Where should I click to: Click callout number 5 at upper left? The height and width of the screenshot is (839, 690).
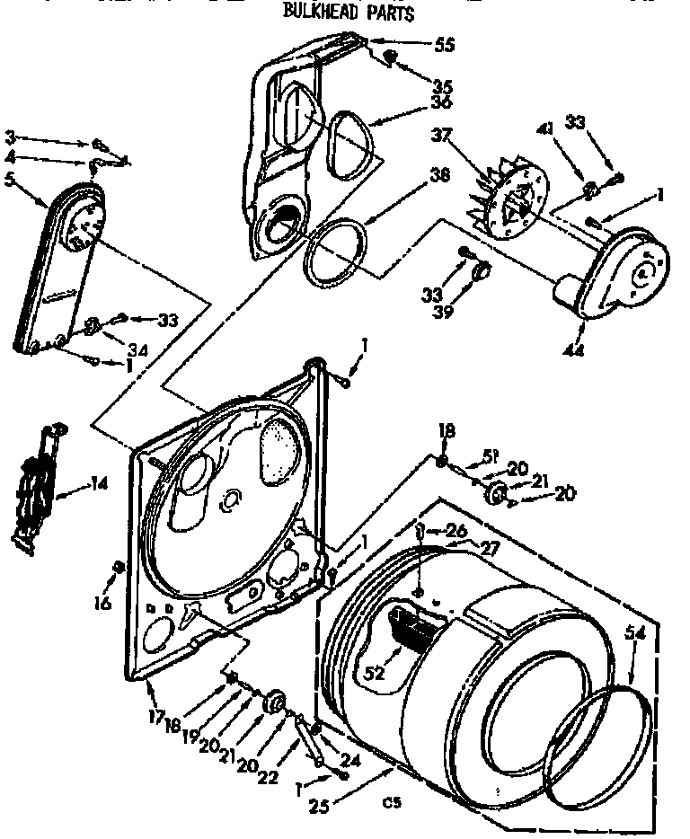tap(10, 178)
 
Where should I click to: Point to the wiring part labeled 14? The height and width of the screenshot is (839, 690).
tap(34, 490)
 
